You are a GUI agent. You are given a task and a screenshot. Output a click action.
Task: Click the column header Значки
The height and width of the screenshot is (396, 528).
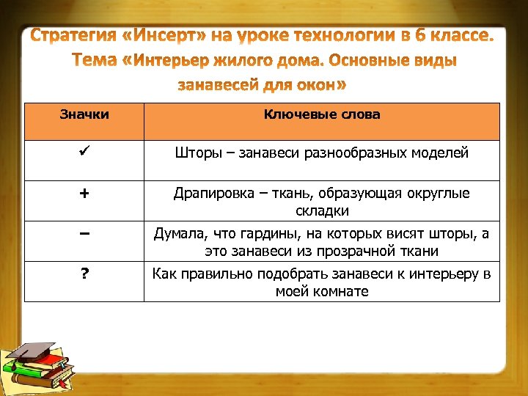click(x=84, y=114)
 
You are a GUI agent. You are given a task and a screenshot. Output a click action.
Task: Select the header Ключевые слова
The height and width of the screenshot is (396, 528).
click(x=322, y=114)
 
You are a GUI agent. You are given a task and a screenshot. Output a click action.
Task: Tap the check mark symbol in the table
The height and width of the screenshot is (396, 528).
click(x=85, y=153)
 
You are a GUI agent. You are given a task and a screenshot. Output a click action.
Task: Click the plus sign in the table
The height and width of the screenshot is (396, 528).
click(x=85, y=194)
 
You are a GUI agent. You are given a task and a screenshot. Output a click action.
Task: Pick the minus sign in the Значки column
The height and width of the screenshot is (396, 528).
click(x=85, y=233)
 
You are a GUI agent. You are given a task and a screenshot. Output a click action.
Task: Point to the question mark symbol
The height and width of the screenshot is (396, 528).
click(x=85, y=274)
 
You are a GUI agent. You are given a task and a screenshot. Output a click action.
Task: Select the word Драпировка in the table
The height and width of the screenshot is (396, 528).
click(x=208, y=194)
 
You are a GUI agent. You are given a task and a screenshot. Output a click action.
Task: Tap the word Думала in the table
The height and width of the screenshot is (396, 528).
click(x=177, y=234)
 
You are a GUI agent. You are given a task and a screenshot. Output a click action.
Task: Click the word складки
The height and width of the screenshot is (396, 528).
click(x=322, y=211)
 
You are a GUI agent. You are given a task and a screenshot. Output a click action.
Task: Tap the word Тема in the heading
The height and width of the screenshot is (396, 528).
click(x=94, y=60)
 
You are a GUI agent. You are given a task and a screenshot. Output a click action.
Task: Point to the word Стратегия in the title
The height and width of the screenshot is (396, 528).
click(x=74, y=36)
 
